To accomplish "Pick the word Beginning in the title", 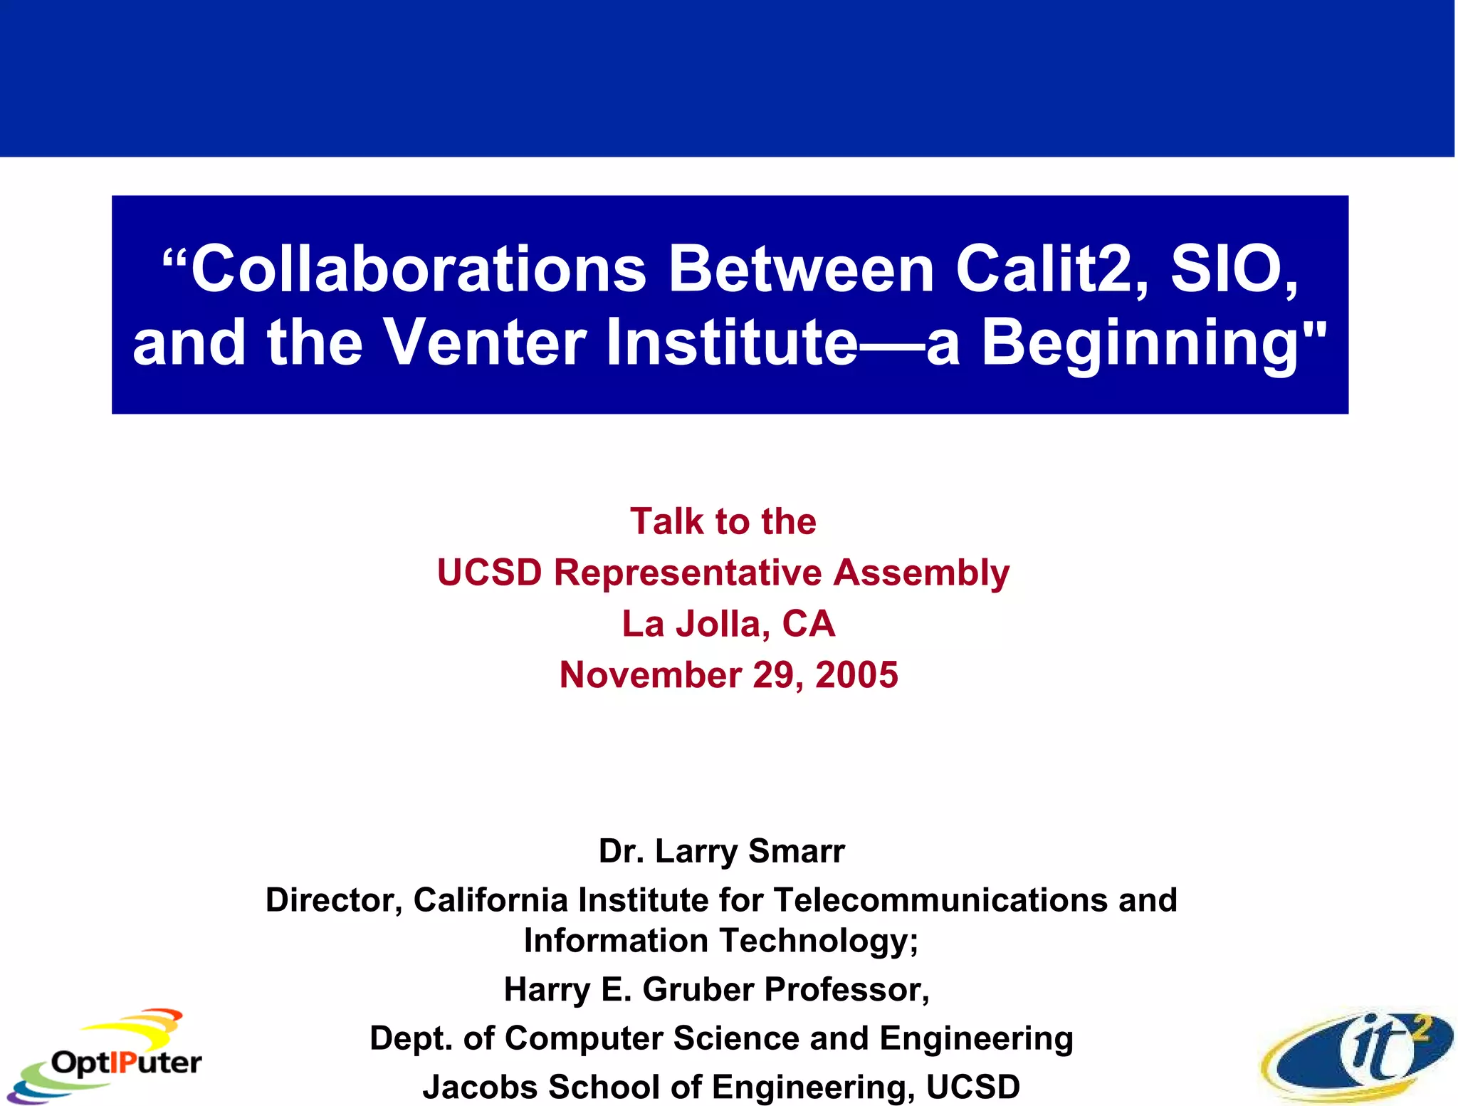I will coord(1153,343).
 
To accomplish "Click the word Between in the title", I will coord(801,269).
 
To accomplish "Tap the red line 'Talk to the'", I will coord(723,521).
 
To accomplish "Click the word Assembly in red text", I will coord(921,573).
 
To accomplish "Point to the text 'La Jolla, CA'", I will coord(728,624).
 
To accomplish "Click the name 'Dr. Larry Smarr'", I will coord(722,851).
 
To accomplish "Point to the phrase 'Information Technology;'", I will coord(721,941).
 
